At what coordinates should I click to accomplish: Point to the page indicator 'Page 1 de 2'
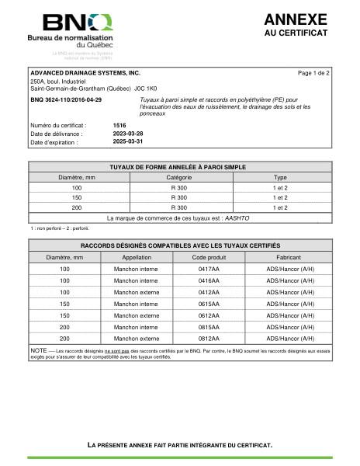point(313,72)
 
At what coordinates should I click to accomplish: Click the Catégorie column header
point(179,178)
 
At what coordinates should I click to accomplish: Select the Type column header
point(280,178)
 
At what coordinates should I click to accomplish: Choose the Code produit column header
point(209,257)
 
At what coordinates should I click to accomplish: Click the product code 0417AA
point(209,269)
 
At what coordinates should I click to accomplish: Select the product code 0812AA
point(209,339)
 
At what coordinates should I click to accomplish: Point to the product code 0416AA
point(209,280)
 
